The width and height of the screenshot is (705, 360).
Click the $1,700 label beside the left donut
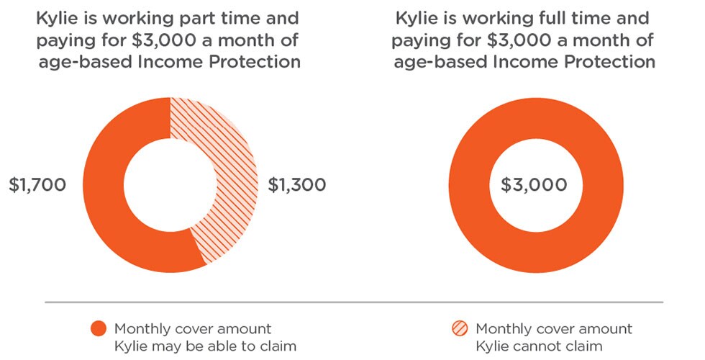coord(37,185)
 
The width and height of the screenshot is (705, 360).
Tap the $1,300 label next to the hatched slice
coord(296,185)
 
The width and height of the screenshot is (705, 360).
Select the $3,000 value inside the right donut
coord(534,185)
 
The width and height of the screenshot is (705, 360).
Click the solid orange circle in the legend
coord(99,328)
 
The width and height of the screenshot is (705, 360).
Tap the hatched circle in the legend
coord(460,328)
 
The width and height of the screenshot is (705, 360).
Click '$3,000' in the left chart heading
coord(164,40)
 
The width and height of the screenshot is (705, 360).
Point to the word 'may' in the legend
coord(167,346)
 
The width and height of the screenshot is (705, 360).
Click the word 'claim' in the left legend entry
coord(281,346)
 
